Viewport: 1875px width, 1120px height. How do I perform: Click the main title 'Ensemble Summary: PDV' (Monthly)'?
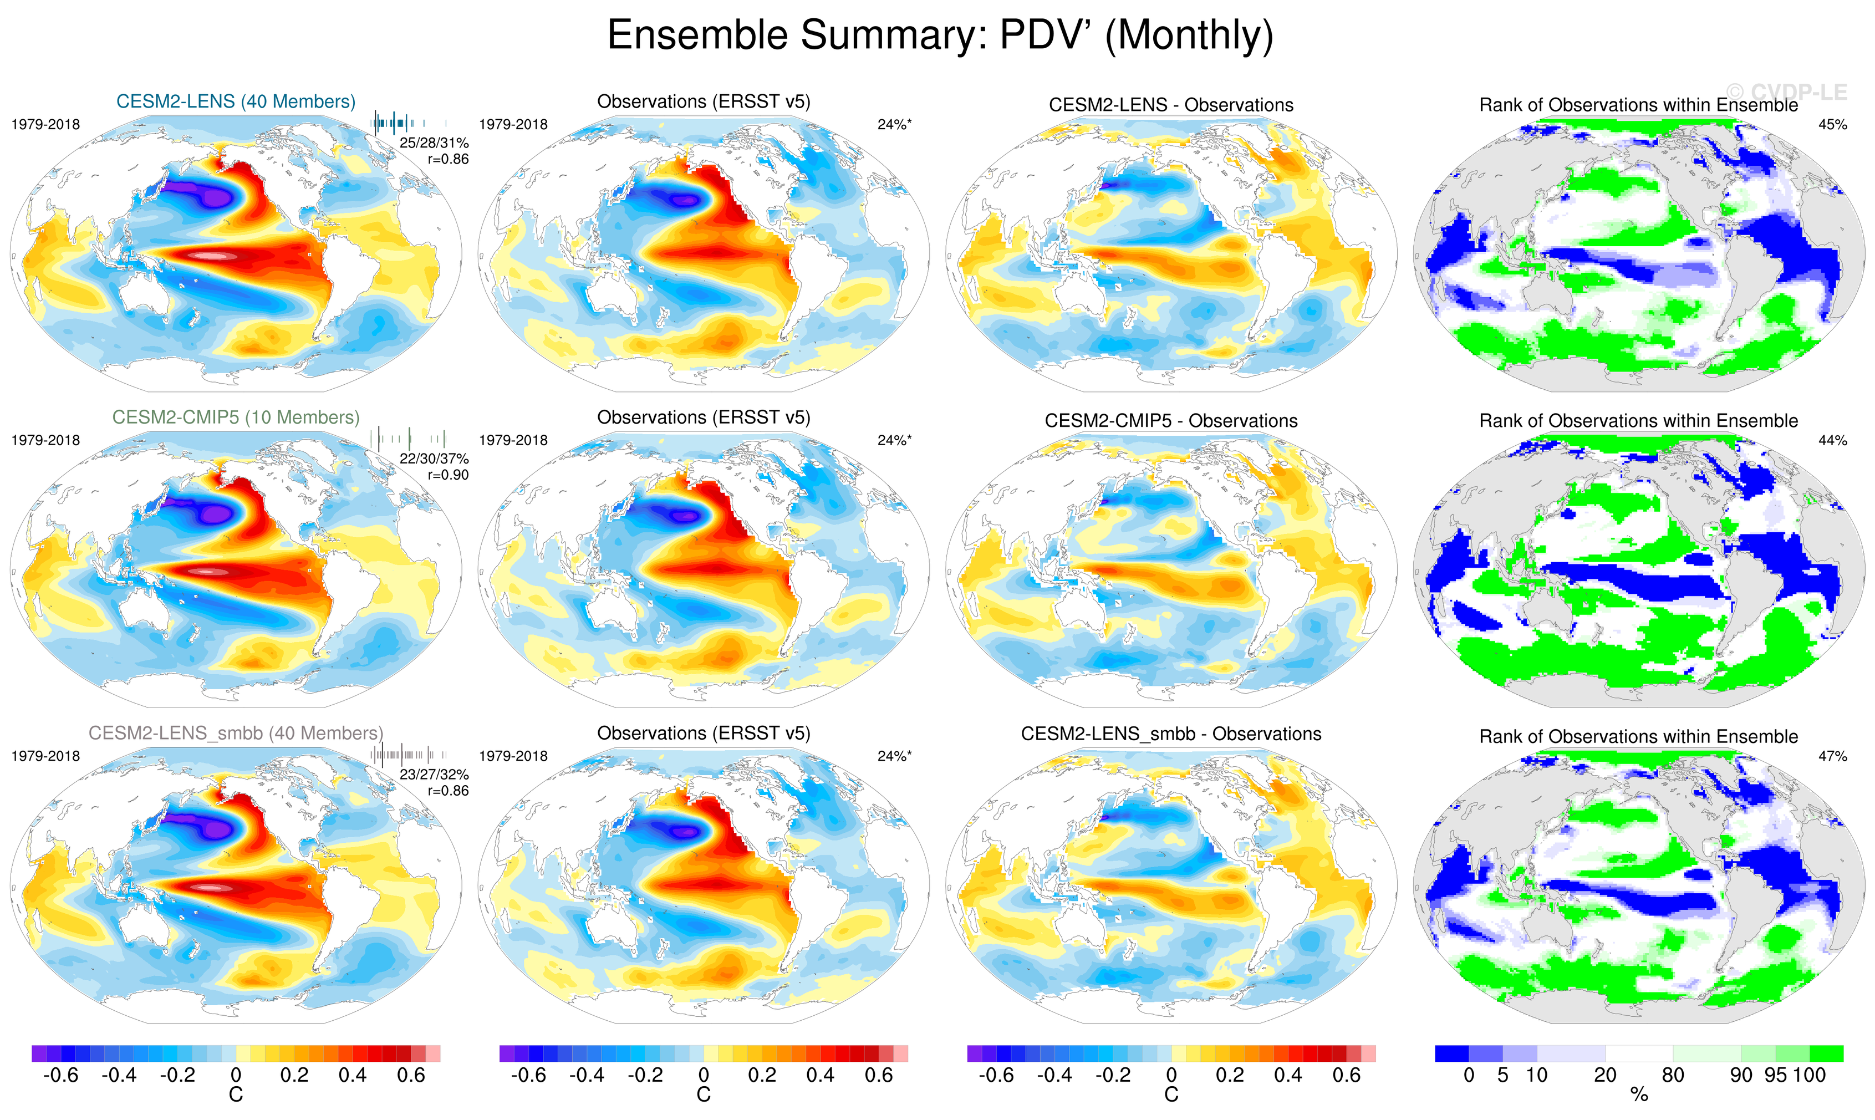click(x=939, y=35)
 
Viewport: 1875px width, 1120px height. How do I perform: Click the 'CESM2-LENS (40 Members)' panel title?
click(x=236, y=102)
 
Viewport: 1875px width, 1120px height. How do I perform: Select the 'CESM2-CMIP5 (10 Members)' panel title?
click(x=236, y=418)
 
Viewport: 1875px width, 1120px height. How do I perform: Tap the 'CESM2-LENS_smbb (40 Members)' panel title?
click(x=236, y=733)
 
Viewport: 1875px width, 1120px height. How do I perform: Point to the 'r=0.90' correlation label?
click(x=448, y=475)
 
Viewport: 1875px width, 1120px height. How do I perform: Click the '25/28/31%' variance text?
click(x=434, y=142)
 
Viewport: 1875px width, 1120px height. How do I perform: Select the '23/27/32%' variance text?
click(x=434, y=775)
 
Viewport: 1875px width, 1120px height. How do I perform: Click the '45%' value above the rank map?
click(x=1832, y=125)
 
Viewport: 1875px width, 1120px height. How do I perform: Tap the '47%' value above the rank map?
click(x=1832, y=756)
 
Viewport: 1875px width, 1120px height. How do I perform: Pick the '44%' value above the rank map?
click(x=1832, y=440)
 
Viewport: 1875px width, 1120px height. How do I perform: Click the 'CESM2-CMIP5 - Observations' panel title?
click(x=1171, y=421)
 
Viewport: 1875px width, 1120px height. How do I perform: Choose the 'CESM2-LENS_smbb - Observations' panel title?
click(x=1171, y=734)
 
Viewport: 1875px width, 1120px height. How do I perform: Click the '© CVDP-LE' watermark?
click(x=1787, y=92)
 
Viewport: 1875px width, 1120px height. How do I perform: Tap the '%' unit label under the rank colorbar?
click(x=1639, y=1095)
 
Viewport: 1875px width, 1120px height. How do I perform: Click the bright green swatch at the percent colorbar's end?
click(x=1827, y=1053)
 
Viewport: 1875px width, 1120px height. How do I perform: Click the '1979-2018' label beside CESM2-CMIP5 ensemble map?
click(x=45, y=440)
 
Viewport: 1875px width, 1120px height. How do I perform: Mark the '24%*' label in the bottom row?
click(x=894, y=756)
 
